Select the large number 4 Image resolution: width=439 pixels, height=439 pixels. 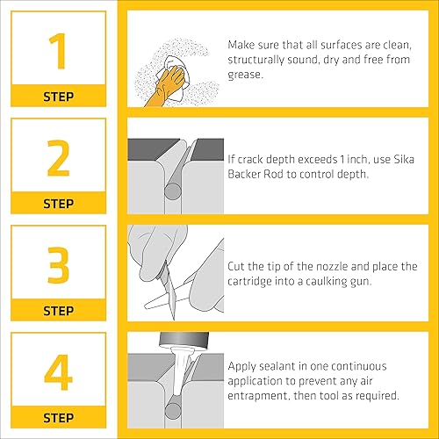click(58, 372)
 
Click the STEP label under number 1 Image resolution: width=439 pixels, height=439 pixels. click(58, 96)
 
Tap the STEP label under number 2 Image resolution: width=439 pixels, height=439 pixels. click(58, 203)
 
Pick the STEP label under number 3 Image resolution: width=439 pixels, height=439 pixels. click(58, 310)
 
